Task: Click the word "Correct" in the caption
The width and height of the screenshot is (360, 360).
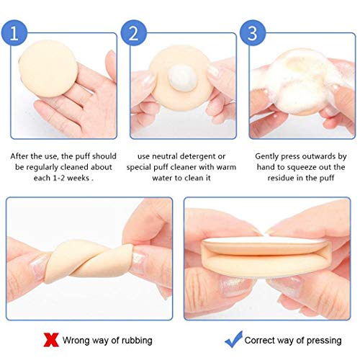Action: point(261,338)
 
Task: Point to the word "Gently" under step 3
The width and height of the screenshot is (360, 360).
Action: point(269,155)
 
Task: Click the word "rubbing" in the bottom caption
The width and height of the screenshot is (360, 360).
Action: point(152,338)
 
